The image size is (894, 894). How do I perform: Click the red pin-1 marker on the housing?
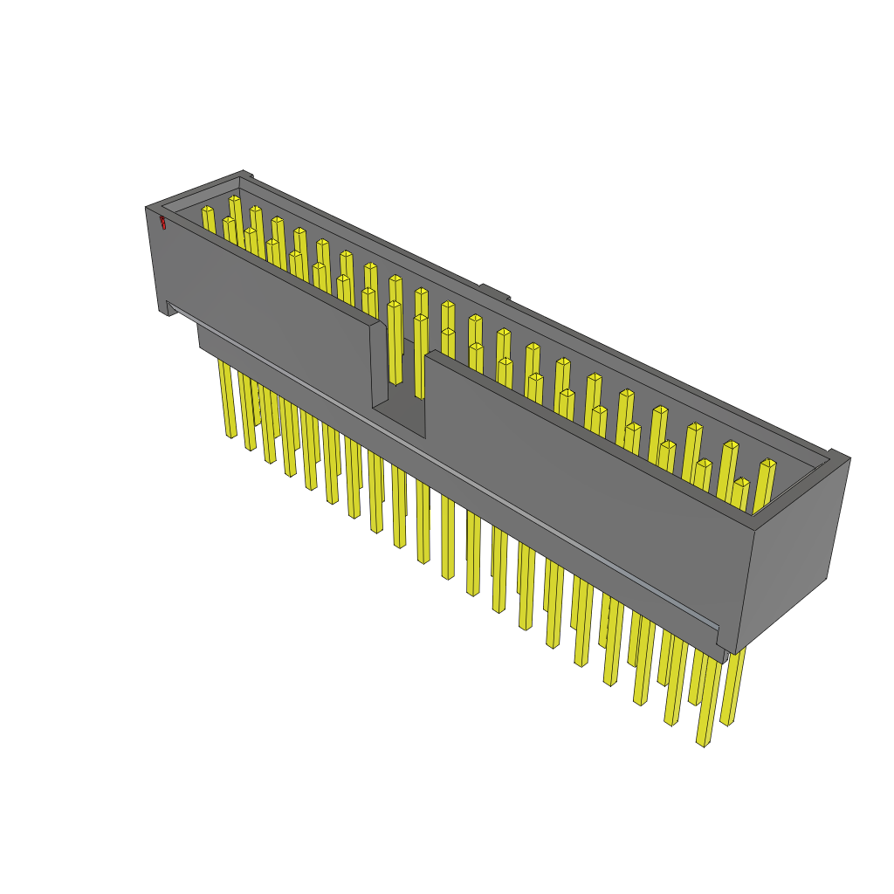pos(162,223)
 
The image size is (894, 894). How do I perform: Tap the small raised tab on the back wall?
pos(494,292)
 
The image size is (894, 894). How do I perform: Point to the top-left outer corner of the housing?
pos(147,208)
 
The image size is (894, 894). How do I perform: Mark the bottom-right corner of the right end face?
pos(826,577)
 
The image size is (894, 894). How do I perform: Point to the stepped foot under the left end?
pos(166,308)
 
